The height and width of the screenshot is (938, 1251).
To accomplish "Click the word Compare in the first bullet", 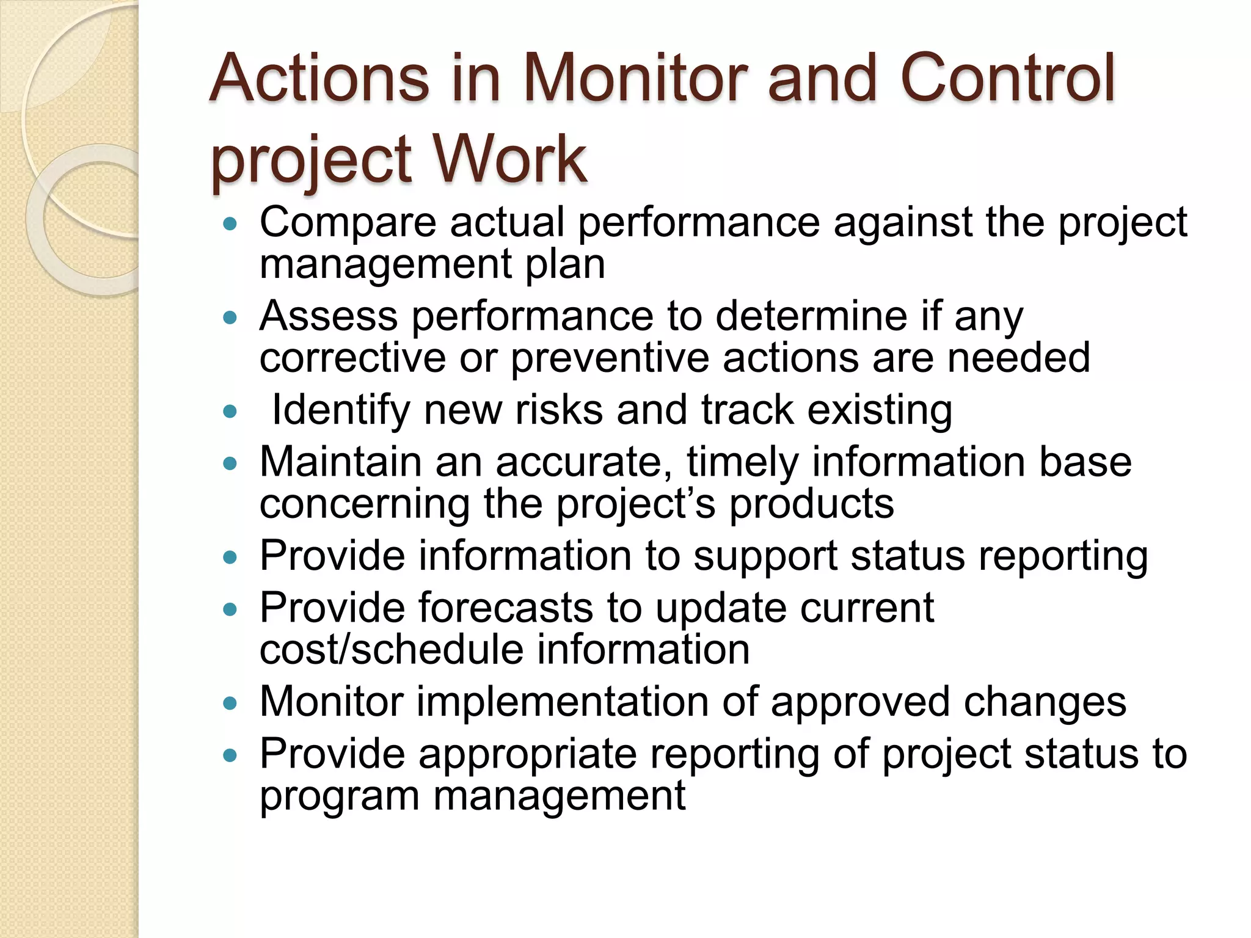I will (x=348, y=223).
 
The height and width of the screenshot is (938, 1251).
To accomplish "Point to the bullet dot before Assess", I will (x=230, y=318).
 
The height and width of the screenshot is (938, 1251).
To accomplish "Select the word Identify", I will (x=340, y=410).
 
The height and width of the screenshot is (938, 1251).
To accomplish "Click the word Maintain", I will (x=340, y=462).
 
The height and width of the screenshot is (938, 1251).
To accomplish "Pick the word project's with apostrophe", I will (x=635, y=504).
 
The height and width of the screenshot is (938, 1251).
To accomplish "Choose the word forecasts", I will (x=506, y=608).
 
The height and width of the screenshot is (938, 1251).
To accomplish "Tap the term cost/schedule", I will (x=391, y=649).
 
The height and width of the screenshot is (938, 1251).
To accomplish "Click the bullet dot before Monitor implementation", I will (x=230, y=703).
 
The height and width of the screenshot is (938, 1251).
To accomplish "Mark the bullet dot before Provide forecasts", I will (x=230, y=609).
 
